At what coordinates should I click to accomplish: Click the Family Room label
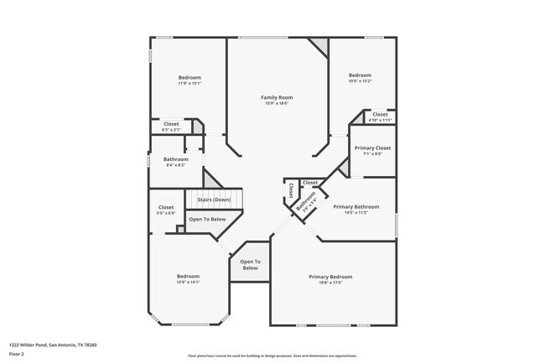[276, 97]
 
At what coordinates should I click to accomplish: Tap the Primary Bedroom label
[330, 277]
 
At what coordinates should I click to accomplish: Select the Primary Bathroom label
[356, 206]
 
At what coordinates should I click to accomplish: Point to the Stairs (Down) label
[214, 200]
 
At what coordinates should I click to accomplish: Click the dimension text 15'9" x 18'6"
[276, 103]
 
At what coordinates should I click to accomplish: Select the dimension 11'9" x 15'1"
[189, 83]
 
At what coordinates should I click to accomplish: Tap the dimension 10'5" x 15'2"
[360, 80]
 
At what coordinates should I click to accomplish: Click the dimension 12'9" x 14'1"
[188, 282]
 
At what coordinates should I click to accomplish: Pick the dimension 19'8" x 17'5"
[330, 283]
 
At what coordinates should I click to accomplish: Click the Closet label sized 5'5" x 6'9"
[166, 207]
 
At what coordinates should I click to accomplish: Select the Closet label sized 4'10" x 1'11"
[380, 114]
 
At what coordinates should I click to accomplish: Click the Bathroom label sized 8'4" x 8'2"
[176, 159]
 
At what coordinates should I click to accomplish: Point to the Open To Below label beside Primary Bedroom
[250, 265]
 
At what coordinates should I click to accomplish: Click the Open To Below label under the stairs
[206, 219]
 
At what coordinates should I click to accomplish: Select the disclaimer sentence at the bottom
[272, 355]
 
